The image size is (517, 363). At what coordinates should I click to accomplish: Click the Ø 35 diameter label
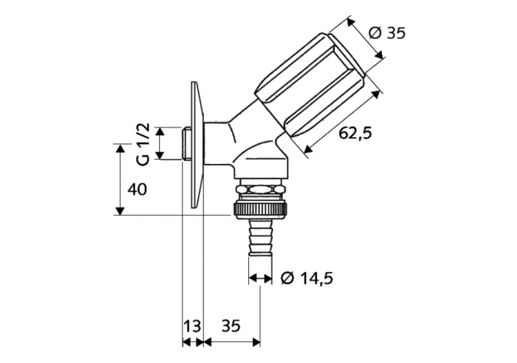click(387, 32)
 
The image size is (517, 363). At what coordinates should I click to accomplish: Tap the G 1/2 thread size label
click(143, 144)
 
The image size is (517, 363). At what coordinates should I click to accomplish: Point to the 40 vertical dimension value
click(137, 188)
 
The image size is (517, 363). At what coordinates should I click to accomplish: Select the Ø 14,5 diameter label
click(308, 278)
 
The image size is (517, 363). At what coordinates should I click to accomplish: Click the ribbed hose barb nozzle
click(260, 236)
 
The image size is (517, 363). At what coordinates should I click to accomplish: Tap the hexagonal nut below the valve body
click(260, 189)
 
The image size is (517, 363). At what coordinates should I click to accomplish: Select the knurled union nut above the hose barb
click(260, 207)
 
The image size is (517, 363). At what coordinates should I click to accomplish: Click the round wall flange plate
click(196, 148)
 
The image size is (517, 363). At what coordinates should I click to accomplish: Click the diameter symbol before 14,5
click(287, 278)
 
